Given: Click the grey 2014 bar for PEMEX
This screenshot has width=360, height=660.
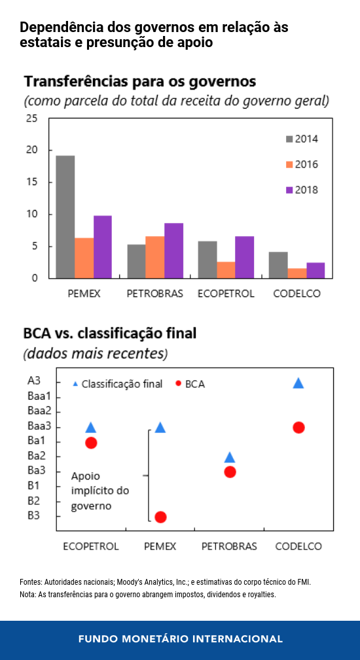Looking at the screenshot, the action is coord(65,217).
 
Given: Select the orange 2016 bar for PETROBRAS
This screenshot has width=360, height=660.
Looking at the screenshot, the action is coord(155,257).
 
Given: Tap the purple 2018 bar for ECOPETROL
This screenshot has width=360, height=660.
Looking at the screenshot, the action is coord(245,257).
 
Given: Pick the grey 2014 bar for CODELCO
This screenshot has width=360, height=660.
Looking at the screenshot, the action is coord(278,265).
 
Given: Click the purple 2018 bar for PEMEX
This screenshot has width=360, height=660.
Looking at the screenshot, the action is coord(103,247).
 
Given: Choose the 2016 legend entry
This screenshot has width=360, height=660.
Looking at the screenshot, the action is coord(302,165).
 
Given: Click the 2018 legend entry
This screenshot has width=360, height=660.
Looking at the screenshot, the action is coord(302,190).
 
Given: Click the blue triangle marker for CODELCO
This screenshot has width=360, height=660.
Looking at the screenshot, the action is coord(298,383).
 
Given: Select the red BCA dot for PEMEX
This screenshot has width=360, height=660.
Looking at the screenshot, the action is coord(160,517).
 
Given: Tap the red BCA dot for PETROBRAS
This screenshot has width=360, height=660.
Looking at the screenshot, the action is coord(230,472).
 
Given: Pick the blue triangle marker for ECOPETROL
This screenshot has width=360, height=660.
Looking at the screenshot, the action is coord(91,427).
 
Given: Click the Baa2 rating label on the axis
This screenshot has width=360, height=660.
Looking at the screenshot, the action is coord(39,410).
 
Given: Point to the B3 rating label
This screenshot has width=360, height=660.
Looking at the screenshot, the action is coord(33,515).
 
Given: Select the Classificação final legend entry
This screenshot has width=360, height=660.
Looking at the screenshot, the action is coord(118,384).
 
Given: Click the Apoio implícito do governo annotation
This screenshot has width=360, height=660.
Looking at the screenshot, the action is coord(99,491).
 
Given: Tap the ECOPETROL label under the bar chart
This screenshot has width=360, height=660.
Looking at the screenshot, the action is coord(226,294).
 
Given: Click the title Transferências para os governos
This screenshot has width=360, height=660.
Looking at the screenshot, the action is coord(140,81).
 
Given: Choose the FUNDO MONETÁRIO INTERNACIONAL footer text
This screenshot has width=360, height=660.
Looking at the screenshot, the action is coord(180,638).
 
